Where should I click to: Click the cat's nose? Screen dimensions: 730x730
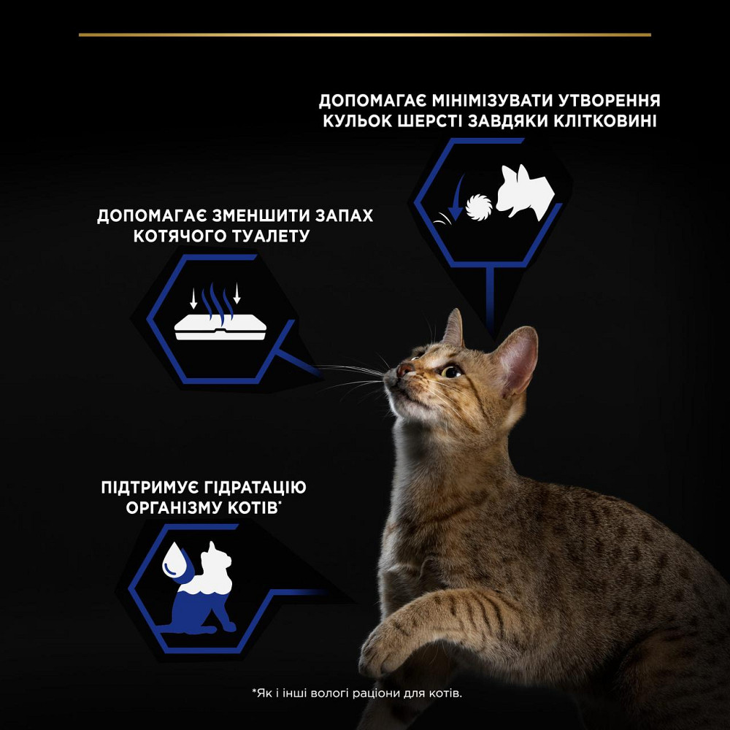click(x=402, y=371)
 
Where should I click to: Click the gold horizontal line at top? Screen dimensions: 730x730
click(x=365, y=34)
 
